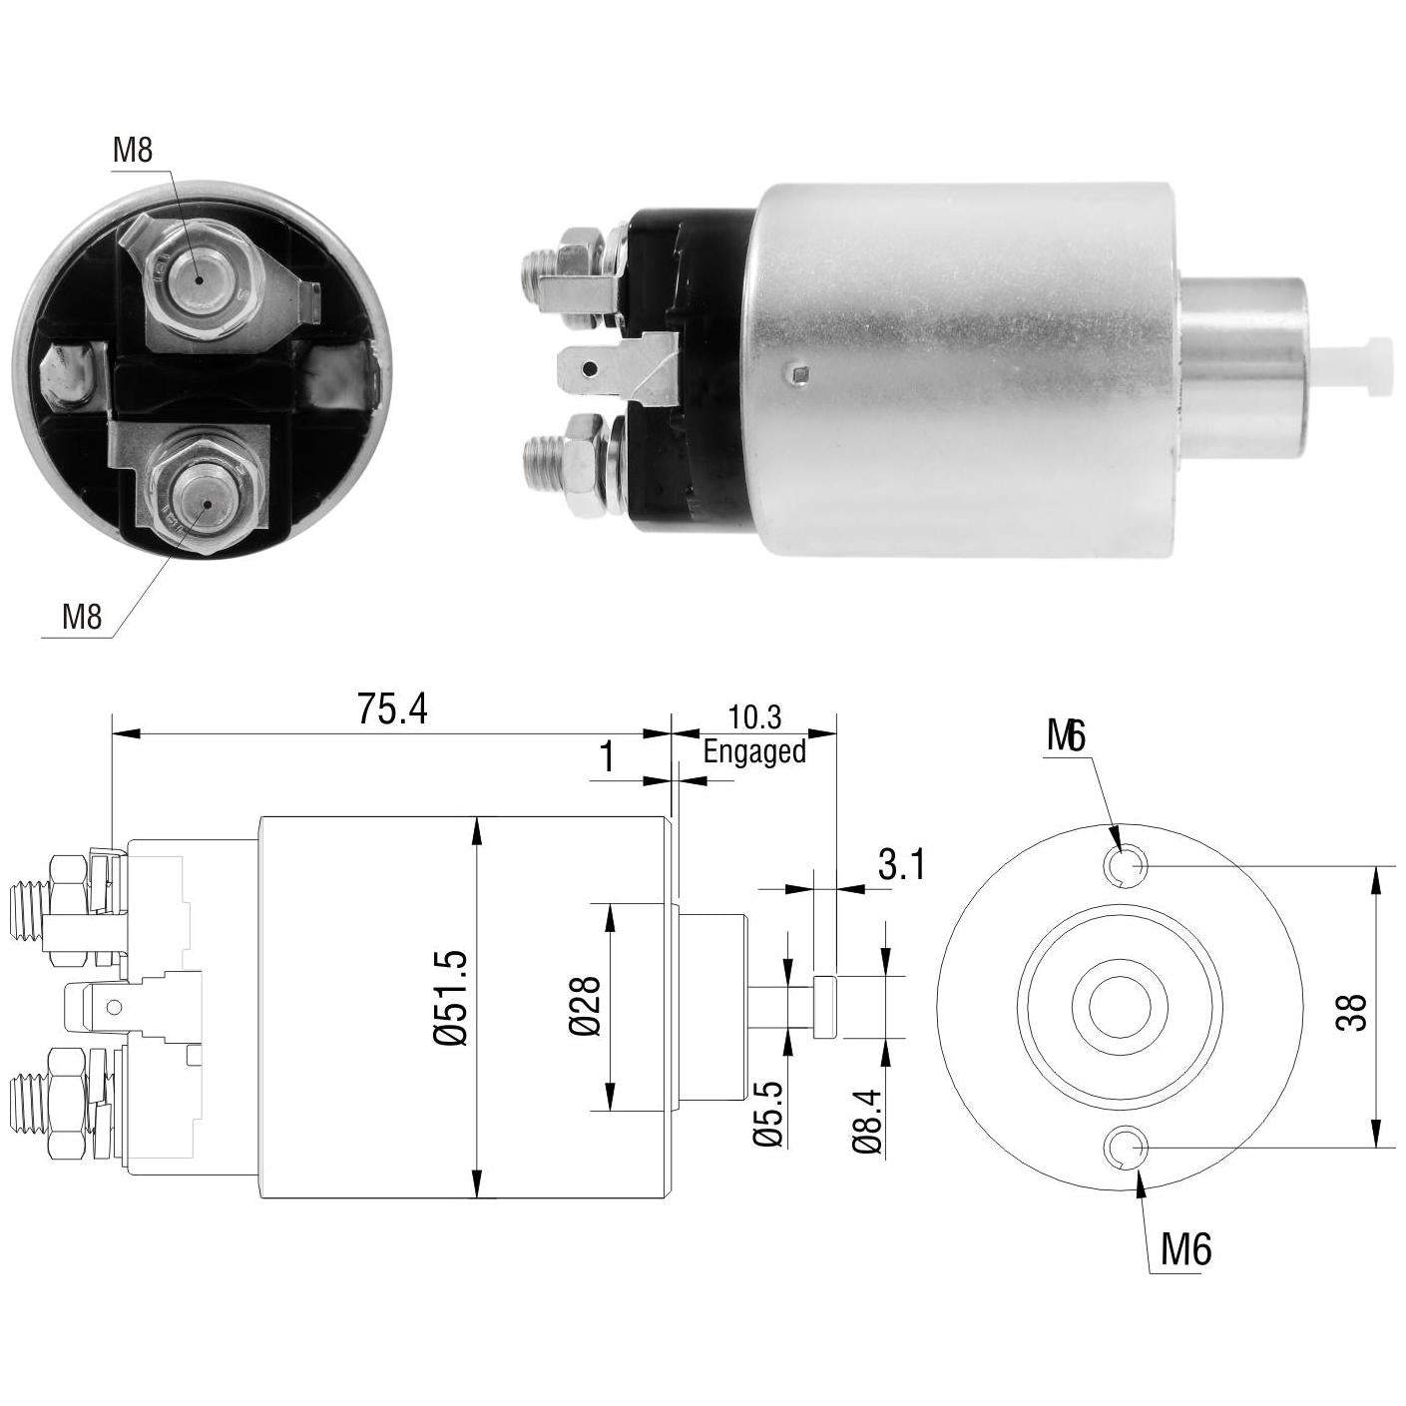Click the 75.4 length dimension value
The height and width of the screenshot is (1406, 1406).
pyautogui.click(x=392, y=708)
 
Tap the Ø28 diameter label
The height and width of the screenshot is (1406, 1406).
pyautogui.click(x=585, y=1006)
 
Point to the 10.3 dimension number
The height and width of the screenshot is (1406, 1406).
pyautogui.click(x=754, y=717)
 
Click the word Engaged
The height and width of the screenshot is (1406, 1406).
pyautogui.click(x=754, y=751)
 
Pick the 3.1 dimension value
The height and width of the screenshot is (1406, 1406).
pyautogui.click(x=901, y=865)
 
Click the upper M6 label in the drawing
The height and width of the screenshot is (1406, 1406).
pyautogui.click(x=1066, y=736)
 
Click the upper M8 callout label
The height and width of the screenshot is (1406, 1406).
pyautogui.click(x=133, y=151)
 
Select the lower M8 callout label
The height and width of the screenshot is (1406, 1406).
pyautogui.click(x=82, y=617)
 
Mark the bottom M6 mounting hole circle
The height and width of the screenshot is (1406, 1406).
pyautogui.click(x=1127, y=1147)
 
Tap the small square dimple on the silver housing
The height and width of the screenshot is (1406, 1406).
pyautogui.click(x=800, y=376)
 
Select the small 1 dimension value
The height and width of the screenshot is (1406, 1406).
pyautogui.click(x=607, y=757)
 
